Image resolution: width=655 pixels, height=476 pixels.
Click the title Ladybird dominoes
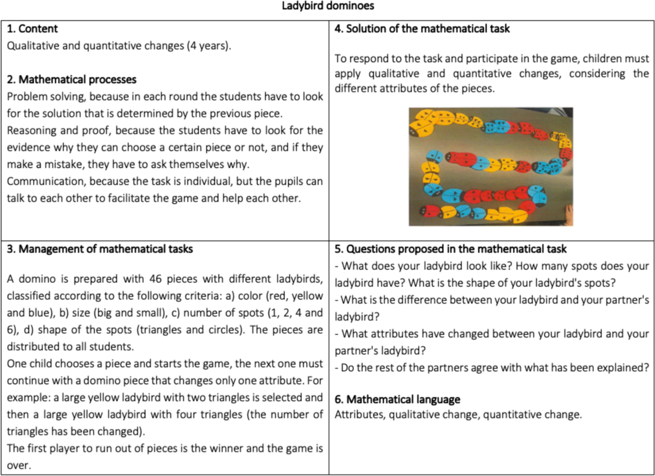pos(327,7)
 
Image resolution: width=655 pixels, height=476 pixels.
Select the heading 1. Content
pos(32,29)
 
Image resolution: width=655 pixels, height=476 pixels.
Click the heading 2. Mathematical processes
pos(72,80)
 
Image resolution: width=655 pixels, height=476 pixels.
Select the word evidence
pos(27,148)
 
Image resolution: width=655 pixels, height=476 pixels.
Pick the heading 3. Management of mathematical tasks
pos(99,249)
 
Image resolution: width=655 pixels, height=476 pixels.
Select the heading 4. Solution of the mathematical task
pos(422,29)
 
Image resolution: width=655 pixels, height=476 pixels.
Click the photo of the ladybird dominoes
pos(491,166)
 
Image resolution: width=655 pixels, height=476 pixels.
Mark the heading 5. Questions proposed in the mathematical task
pos(450,249)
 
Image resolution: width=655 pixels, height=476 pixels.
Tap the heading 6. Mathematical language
pos(397,400)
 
